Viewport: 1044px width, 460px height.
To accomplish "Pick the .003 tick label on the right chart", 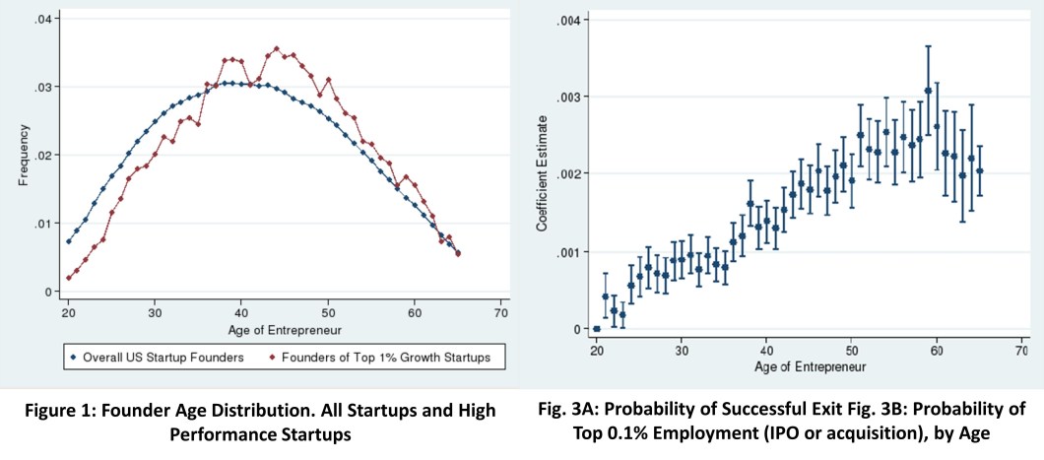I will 570,97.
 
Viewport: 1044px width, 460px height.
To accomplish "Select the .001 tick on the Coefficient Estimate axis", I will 570,252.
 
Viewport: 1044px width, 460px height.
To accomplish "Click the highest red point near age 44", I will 277,48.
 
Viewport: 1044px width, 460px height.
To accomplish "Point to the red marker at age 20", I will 68,278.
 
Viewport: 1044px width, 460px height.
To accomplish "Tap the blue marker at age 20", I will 68,241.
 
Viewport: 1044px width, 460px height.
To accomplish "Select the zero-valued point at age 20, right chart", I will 596,329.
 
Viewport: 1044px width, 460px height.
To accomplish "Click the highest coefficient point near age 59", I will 928,91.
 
